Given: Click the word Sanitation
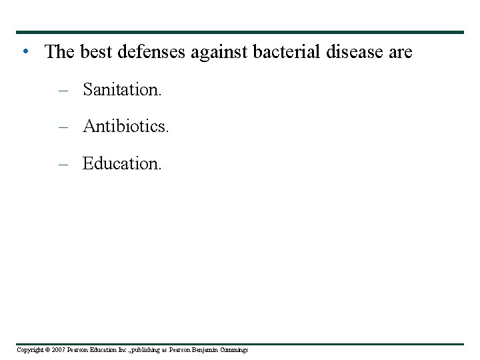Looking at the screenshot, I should tap(121, 89).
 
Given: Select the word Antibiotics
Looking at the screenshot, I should tap(125, 126).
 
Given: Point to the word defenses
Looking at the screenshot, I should tap(152, 52).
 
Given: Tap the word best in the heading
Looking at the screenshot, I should tap(96, 52).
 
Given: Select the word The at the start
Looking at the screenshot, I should tap(60, 52).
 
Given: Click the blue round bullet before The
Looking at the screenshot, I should tap(24, 51).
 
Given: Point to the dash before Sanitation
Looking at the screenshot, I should tap(63, 90).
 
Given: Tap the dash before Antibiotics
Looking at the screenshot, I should tap(63, 127).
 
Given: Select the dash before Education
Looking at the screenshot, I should tap(63, 163).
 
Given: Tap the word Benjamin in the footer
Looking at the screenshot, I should tap(211, 350).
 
